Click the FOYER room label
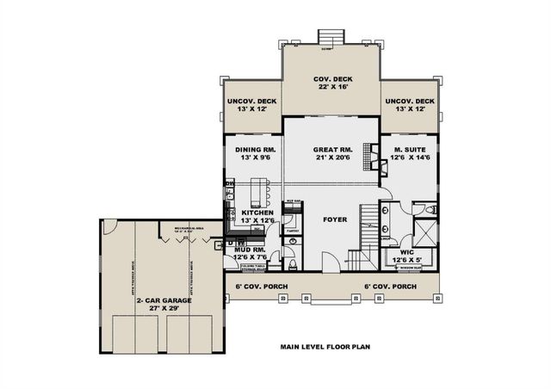tap(334, 219)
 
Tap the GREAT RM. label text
tap(331, 150)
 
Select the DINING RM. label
tap(254, 150)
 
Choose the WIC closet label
tap(408, 252)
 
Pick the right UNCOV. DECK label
tap(410, 101)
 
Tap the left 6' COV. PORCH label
tap(261, 286)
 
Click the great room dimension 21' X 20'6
tap(331, 158)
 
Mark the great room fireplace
tap(373, 153)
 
